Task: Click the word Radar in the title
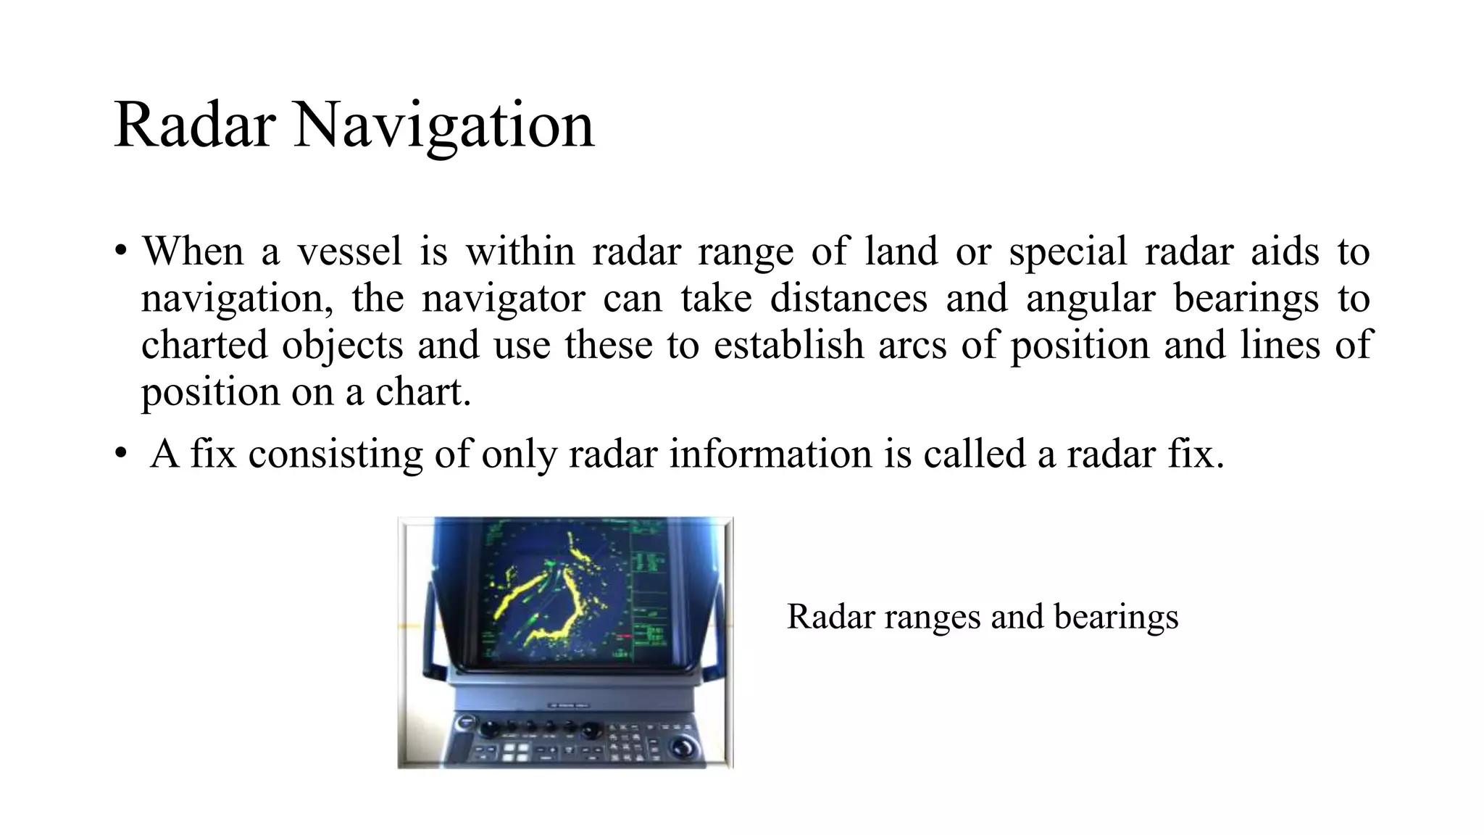coord(194,125)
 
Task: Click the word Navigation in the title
coord(443,125)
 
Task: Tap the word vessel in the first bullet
coord(349,252)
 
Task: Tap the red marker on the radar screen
coord(622,636)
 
